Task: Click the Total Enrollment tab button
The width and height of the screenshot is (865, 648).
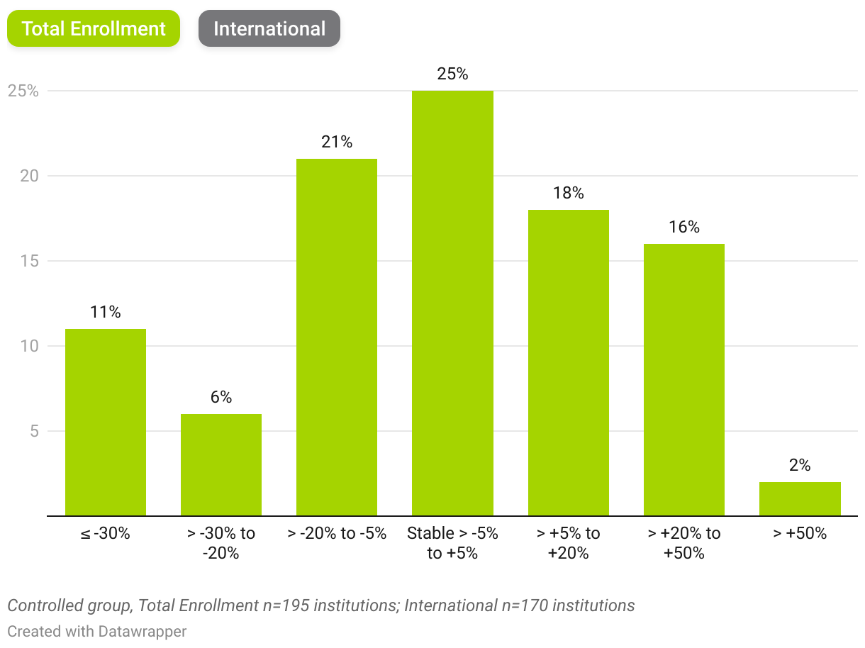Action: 94,29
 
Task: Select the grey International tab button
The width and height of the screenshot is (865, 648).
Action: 269,29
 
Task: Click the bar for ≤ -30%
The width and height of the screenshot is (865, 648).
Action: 106,422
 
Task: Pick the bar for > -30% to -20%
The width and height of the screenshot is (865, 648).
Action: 221,464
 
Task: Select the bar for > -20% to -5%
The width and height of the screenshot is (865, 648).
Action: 337,337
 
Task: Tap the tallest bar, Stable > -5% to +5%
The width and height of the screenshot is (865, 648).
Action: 452,303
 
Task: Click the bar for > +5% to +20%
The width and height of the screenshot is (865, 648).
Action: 569,362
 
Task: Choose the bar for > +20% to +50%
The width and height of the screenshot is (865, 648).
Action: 684,379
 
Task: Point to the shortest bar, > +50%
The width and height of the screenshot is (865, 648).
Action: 800,498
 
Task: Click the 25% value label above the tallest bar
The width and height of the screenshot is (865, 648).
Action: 452,74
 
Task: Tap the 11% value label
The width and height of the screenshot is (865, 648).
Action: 106,312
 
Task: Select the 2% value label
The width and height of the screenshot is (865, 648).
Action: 800,465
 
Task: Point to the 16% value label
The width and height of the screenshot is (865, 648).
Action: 684,227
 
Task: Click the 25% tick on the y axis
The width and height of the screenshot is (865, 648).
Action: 23,91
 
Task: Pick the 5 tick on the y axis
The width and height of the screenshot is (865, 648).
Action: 33,431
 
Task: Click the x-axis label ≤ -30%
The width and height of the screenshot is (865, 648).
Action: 106,534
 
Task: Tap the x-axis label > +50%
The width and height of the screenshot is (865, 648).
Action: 800,534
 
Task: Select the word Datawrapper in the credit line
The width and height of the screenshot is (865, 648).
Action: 142,630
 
